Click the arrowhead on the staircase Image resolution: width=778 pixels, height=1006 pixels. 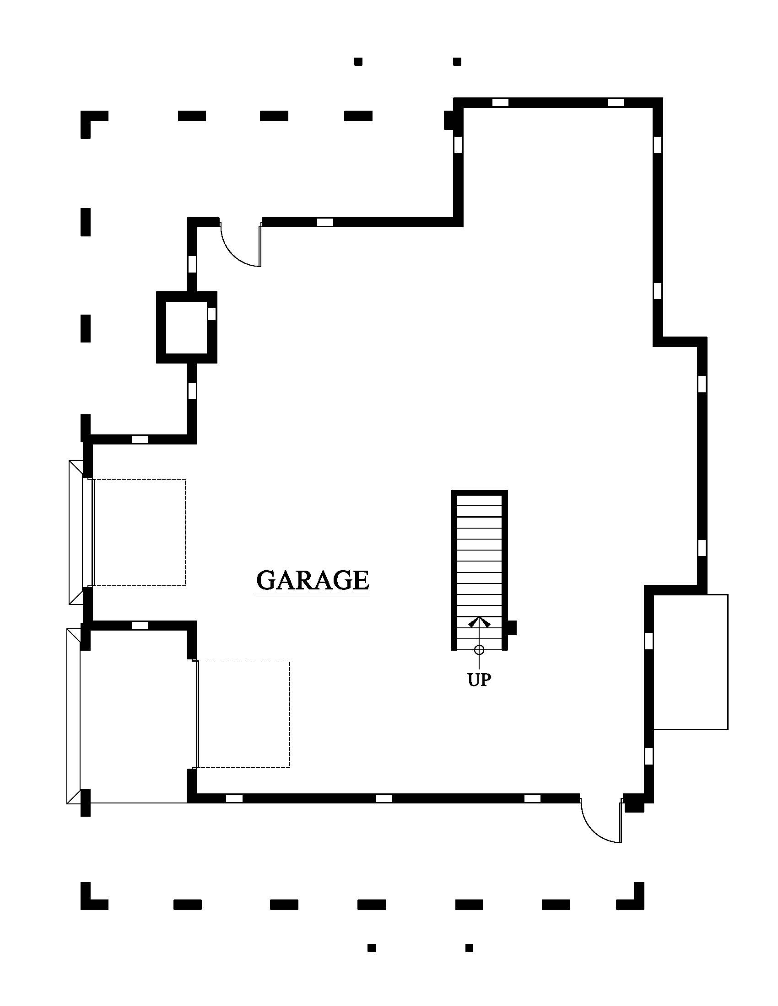(x=479, y=622)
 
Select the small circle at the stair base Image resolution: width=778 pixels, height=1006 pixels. (x=479, y=650)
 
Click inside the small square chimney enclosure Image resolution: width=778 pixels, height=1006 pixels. (x=186, y=327)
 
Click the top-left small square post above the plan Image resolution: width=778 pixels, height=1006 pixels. (x=358, y=61)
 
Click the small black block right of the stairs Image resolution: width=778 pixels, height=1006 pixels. (x=512, y=628)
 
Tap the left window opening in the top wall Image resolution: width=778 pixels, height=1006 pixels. (x=501, y=102)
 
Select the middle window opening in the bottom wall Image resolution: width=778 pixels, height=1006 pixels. (x=384, y=798)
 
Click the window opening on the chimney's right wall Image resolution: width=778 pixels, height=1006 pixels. (x=211, y=314)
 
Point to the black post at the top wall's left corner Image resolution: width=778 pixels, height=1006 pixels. (x=450, y=120)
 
